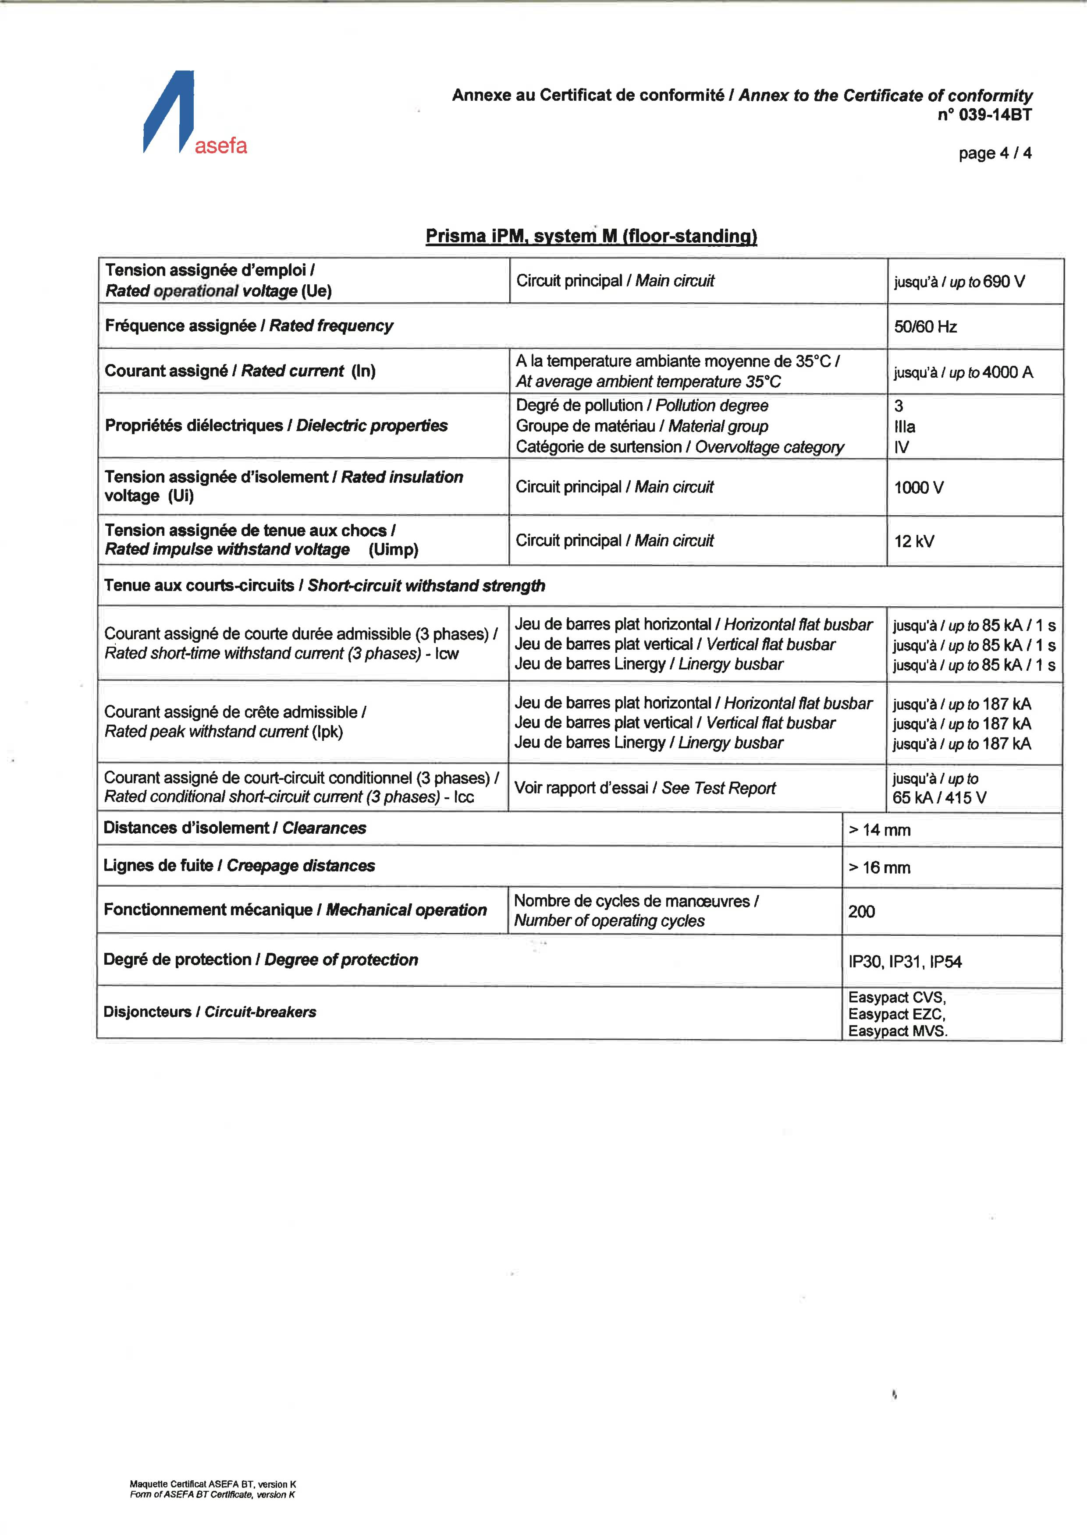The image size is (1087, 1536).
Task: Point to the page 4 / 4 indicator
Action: coord(995,153)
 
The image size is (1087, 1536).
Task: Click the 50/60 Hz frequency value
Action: coord(925,326)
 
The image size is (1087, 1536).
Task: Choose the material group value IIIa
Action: coord(904,427)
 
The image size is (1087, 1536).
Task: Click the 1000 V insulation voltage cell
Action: coord(918,488)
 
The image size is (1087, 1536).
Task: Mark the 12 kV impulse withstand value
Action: coord(913,541)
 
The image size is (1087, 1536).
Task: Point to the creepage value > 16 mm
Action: coord(880,868)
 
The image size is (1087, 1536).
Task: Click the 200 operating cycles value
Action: coord(861,912)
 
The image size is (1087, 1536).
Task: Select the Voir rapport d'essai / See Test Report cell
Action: coord(645,788)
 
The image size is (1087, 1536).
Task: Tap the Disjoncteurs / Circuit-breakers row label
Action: coord(210,1012)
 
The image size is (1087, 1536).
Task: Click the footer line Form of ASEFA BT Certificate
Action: coord(212,1494)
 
